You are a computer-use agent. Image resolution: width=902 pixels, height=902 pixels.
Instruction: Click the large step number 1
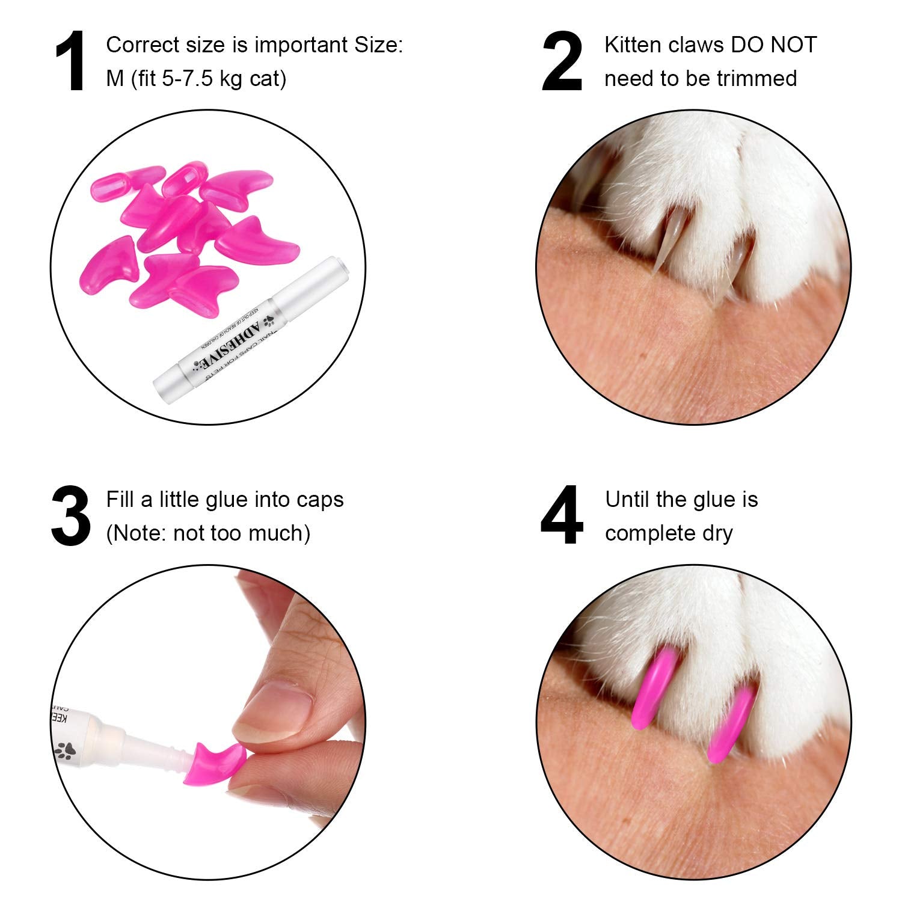click(71, 62)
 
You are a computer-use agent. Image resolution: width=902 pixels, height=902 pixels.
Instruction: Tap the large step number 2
click(562, 62)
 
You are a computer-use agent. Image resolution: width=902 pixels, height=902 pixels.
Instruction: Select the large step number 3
click(71, 517)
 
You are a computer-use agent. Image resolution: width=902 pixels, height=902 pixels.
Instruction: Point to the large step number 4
click(562, 517)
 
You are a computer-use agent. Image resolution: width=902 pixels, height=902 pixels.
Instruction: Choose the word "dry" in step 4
click(717, 533)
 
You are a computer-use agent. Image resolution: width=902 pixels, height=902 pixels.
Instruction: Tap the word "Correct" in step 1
click(143, 45)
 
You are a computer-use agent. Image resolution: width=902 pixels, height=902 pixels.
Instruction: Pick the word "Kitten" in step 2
click(635, 45)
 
